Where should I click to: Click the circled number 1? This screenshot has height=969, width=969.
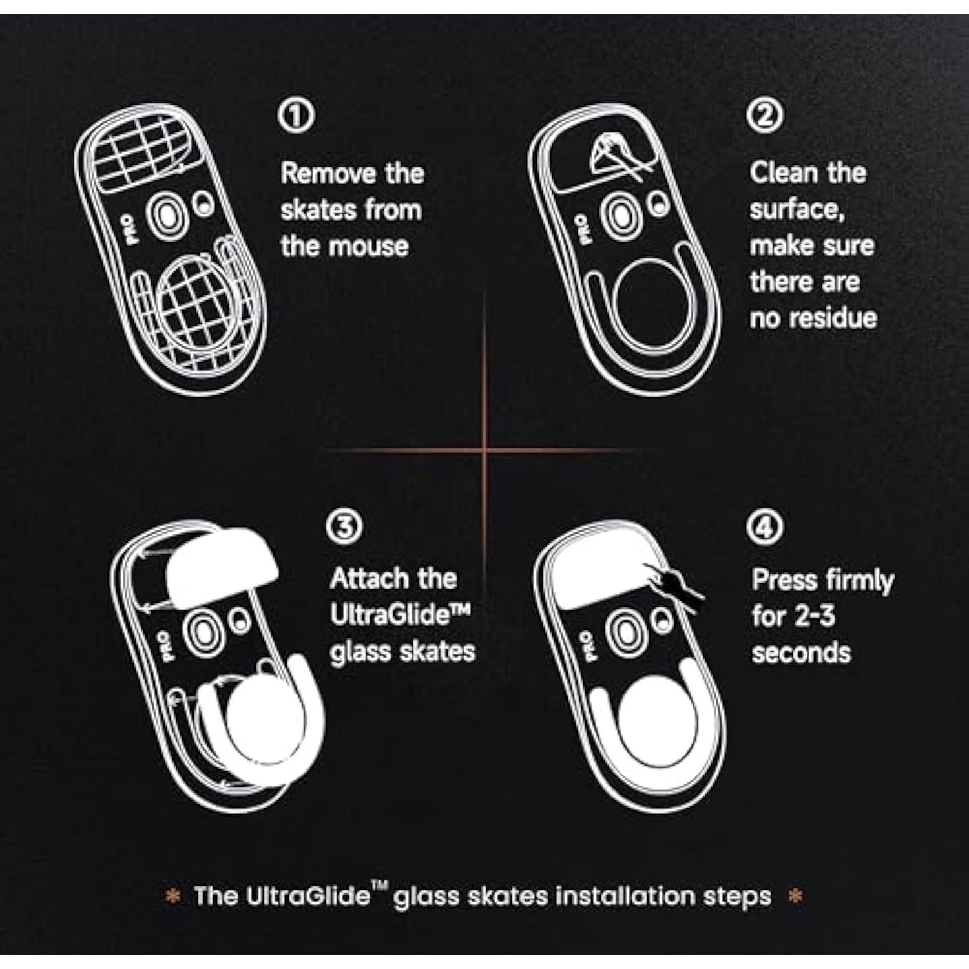[x=296, y=116]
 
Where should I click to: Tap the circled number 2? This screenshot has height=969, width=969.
[x=765, y=116]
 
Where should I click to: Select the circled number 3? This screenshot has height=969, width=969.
[x=344, y=527]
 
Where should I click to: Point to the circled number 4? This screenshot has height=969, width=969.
[x=765, y=527]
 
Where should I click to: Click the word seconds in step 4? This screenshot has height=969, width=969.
[x=801, y=652]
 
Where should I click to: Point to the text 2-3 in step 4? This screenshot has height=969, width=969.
[x=814, y=616]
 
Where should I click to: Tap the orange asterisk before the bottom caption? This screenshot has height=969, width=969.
[x=173, y=897]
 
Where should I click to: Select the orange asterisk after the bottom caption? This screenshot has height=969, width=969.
[x=796, y=897]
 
